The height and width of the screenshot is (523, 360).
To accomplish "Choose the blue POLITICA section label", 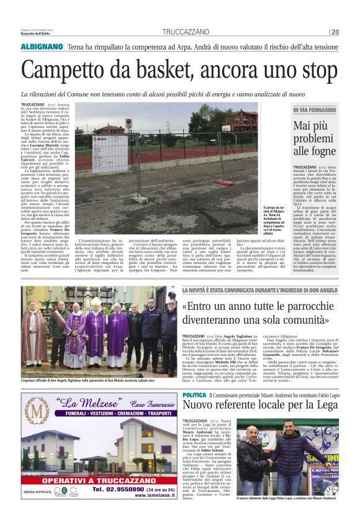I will [195, 396].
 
